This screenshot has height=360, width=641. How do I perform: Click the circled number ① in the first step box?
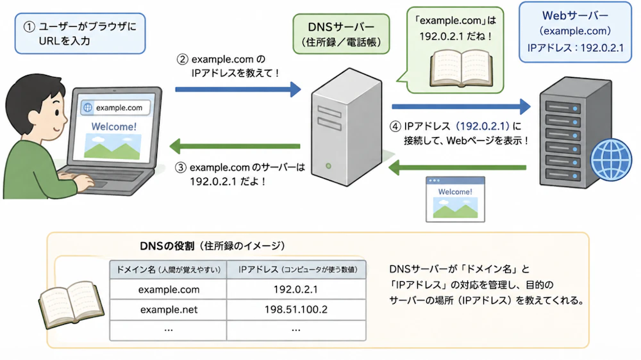tap(29, 27)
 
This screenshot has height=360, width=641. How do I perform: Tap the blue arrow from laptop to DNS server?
tap(238, 89)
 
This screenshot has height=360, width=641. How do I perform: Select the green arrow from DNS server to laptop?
tap(235, 146)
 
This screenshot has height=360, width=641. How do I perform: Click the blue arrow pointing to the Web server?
tap(461, 106)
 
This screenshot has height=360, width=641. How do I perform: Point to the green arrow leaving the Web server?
tap(457, 168)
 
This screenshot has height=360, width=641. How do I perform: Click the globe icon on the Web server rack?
tap(611, 160)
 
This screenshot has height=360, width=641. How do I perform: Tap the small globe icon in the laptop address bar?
tap(88, 108)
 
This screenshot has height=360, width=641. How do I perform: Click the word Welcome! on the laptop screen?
tap(113, 127)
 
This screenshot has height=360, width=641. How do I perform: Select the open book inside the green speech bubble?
tap(461, 68)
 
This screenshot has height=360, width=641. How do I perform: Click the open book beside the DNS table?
tap(71, 304)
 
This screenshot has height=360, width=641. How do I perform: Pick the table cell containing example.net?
tap(169, 309)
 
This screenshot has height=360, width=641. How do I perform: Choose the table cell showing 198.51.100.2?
tap(296, 309)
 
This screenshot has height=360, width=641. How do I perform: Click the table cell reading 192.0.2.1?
tap(296, 290)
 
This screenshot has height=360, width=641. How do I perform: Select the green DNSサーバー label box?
tap(342, 34)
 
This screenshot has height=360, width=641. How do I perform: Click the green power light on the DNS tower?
tap(328, 166)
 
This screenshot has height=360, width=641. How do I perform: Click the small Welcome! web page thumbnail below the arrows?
tap(455, 199)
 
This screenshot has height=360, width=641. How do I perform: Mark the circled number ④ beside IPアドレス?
tap(395, 126)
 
